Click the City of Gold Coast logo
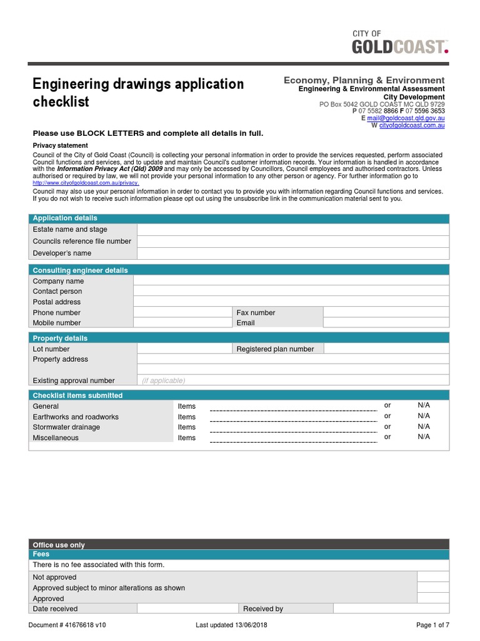400,43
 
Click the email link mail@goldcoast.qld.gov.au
406,118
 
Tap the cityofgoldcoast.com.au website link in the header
412,125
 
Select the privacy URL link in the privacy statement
86,183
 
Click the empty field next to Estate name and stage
292,230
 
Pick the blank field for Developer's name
292,254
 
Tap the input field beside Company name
291,281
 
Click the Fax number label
256,312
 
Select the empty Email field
386,323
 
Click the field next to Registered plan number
386,349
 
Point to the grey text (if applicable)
163,381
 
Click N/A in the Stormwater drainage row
424,426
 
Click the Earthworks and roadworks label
76,417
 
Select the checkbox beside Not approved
432,577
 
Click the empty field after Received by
391,608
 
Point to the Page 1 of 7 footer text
432,625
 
